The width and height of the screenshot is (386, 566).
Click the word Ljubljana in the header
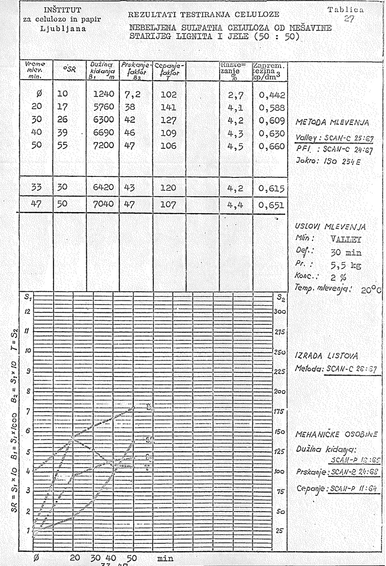[x=63, y=28]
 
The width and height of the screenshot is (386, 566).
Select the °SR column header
[x=68, y=70]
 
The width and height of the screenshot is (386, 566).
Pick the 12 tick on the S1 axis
[x=28, y=311]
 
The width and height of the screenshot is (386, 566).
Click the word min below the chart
[x=165, y=558]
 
